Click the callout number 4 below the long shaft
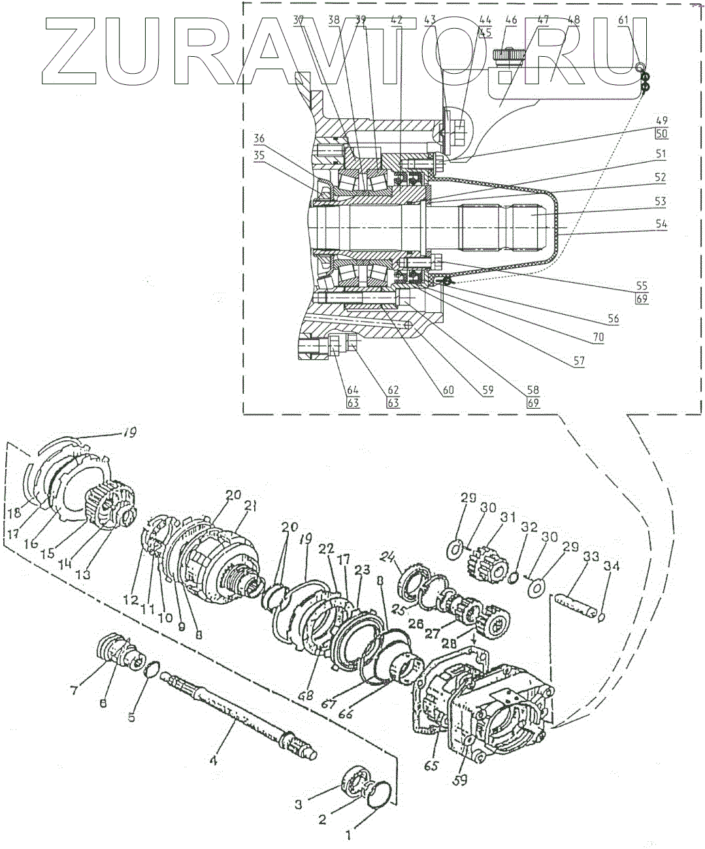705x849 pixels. (212, 760)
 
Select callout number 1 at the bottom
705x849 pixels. (348, 834)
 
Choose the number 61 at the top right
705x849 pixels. (623, 20)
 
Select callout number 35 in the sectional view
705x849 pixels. (260, 156)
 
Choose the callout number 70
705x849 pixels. (598, 338)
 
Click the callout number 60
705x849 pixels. (448, 391)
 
